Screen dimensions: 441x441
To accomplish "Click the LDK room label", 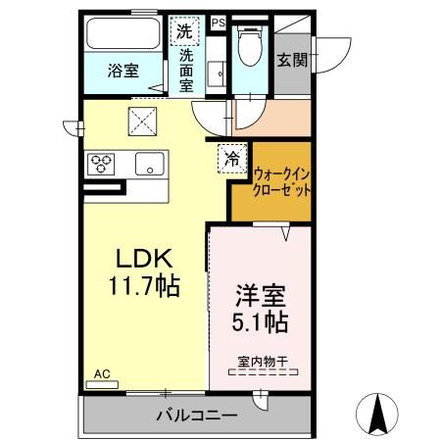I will [x=144, y=260].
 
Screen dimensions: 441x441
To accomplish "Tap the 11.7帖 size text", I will [x=144, y=286].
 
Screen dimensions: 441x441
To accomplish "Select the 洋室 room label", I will [x=260, y=295].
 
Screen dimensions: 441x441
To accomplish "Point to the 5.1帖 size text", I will [x=260, y=320].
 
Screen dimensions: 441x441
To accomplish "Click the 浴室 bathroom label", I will [x=123, y=72].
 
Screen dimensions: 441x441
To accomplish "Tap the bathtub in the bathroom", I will [x=124, y=34].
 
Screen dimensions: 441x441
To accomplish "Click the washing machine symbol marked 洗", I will [x=186, y=30].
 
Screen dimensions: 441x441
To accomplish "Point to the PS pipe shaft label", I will [x=218, y=22].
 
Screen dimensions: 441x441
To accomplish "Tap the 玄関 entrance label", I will [x=292, y=60].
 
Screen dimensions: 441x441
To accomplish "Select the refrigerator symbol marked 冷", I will [x=233, y=157].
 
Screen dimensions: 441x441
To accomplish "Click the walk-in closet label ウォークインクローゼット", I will [x=282, y=182].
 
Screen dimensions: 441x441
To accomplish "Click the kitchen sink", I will [x=150, y=164].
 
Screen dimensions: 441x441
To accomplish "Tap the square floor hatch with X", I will [x=146, y=123].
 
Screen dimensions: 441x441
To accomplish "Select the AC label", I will [x=101, y=373].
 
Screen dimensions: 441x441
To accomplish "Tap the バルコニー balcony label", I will [x=195, y=416].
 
